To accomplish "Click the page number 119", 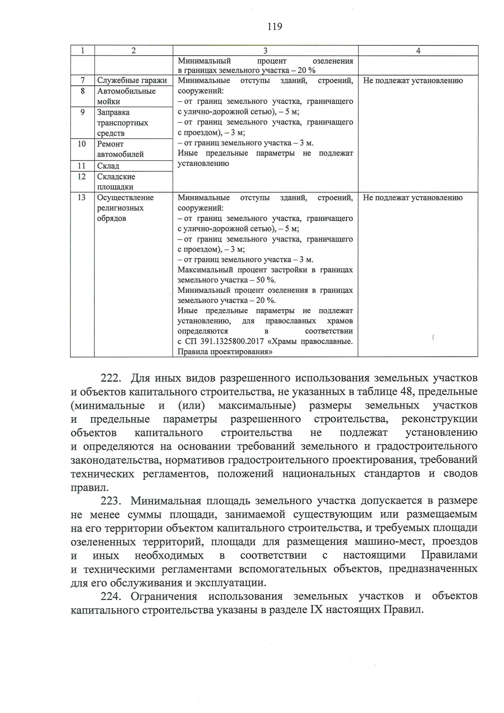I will pos(275,27).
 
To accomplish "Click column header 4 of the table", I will pos(418,51).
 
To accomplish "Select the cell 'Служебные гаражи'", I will pos(132,81).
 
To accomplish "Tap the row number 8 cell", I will pos(82,91).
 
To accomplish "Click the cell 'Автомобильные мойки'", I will pos(126,96).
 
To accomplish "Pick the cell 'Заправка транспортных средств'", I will pos(122,123).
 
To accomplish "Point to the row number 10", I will pos(82,144).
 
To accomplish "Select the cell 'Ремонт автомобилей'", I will pos(121,149).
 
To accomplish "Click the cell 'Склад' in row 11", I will pos(108,166).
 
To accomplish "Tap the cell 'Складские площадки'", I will pos(116,182).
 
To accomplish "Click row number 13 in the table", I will pos(82,198).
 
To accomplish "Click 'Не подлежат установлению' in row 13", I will pos(413,198).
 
